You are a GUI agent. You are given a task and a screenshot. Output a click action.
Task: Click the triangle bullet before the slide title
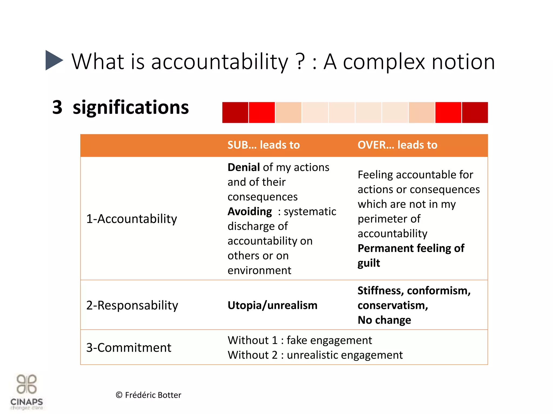53,60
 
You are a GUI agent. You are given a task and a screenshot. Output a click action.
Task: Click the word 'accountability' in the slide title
220,62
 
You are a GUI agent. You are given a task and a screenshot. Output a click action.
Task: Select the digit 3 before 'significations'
57,107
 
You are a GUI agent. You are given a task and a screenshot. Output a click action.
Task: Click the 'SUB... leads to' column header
264,145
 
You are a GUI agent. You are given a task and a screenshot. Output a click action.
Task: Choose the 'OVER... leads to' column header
397,145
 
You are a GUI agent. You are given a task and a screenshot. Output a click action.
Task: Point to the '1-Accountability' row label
131,219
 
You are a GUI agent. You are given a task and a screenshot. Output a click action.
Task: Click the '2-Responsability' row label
132,305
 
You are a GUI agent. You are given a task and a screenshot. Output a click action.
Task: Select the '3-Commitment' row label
129,348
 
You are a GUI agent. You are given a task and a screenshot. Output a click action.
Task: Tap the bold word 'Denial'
244,167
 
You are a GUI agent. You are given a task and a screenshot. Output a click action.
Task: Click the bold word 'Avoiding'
250,212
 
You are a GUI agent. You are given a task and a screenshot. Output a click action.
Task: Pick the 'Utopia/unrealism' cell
272,305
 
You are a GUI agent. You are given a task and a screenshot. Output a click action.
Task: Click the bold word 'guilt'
369,263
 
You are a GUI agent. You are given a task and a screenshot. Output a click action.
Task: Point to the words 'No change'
384,320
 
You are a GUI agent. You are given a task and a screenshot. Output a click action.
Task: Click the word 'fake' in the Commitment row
297,340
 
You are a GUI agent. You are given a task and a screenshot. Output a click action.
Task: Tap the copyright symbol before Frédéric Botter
119,395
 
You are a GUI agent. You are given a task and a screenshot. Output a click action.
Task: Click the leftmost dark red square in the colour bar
235,113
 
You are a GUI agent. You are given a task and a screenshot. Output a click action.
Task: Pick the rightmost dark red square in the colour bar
475,113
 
